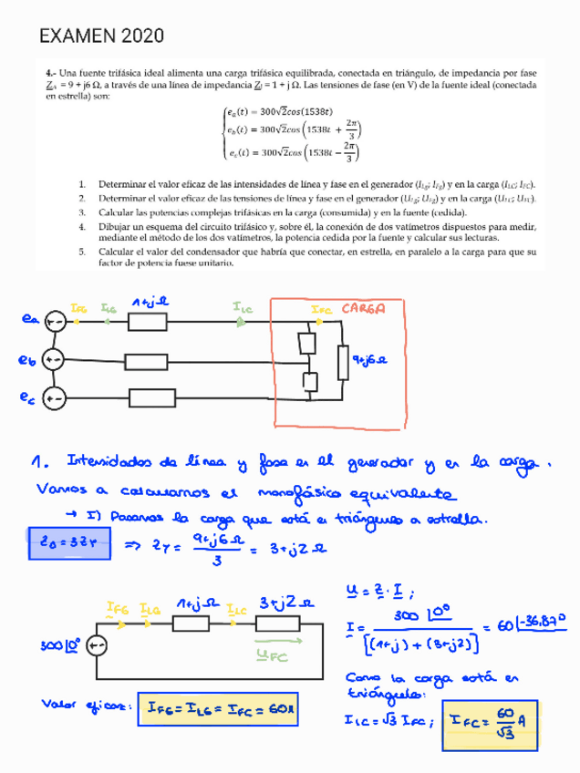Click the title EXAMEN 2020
(x=101, y=36)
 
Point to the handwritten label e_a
(x=30, y=319)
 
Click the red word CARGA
(x=363, y=308)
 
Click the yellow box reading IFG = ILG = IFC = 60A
(x=219, y=709)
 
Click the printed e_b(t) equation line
(x=290, y=130)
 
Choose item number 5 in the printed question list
(x=81, y=250)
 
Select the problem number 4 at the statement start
(x=51, y=71)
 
